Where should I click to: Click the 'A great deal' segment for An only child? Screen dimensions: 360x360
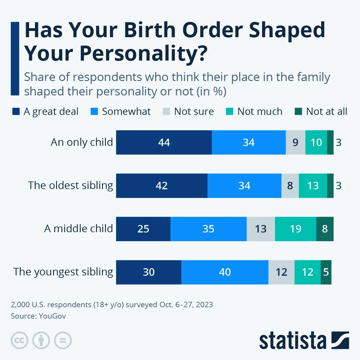164,142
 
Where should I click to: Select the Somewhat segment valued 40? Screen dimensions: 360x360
225,272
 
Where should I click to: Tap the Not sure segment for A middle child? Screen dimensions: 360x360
261,229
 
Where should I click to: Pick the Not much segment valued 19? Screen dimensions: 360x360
295,229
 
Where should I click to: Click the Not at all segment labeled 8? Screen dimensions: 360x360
325,229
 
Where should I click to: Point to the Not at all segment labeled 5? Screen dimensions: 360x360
326,272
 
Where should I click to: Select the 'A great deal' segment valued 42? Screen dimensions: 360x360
162,186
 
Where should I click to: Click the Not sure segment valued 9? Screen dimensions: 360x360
295,142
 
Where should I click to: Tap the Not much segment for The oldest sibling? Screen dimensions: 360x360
313,186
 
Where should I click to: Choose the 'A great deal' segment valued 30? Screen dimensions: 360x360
148,272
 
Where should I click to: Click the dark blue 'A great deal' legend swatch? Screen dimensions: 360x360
16,112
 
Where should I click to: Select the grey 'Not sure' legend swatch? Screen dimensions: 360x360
166,112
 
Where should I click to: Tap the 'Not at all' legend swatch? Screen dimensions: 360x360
298,112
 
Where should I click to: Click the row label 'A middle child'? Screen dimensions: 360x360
78,229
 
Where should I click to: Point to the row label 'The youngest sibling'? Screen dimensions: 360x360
63,272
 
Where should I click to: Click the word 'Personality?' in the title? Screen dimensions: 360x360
143,53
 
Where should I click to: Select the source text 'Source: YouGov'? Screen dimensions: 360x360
38,316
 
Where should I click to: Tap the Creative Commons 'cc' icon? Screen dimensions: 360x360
19,340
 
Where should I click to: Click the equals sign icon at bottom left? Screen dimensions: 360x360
63,340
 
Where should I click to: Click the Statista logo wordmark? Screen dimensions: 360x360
292,341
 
